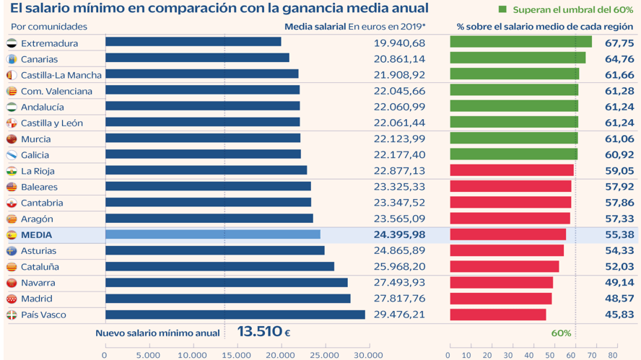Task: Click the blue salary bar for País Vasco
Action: click(x=235, y=315)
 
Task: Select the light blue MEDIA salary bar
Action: click(x=213, y=234)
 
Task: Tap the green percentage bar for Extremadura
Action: click(x=520, y=43)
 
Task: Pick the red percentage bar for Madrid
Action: click(x=500, y=299)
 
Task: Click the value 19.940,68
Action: click(x=399, y=43)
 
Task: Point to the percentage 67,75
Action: click(x=619, y=43)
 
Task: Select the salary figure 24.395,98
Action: click(x=399, y=235)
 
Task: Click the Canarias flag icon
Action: click(x=12, y=59)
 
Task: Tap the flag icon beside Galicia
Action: click(x=12, y=155)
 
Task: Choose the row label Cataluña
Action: click(x=40, y=267)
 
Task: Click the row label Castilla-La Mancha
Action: click(x=61, y=75)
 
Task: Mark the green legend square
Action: click(x=502, y=10)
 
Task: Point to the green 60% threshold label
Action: click(x=561, y=333)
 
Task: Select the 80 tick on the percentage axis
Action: click(x=613, y=354)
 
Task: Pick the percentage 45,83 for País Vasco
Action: click(x=619, y=315)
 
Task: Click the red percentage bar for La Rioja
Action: click(x=511, y=171)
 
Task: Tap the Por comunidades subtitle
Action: click(x=49, y=27)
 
